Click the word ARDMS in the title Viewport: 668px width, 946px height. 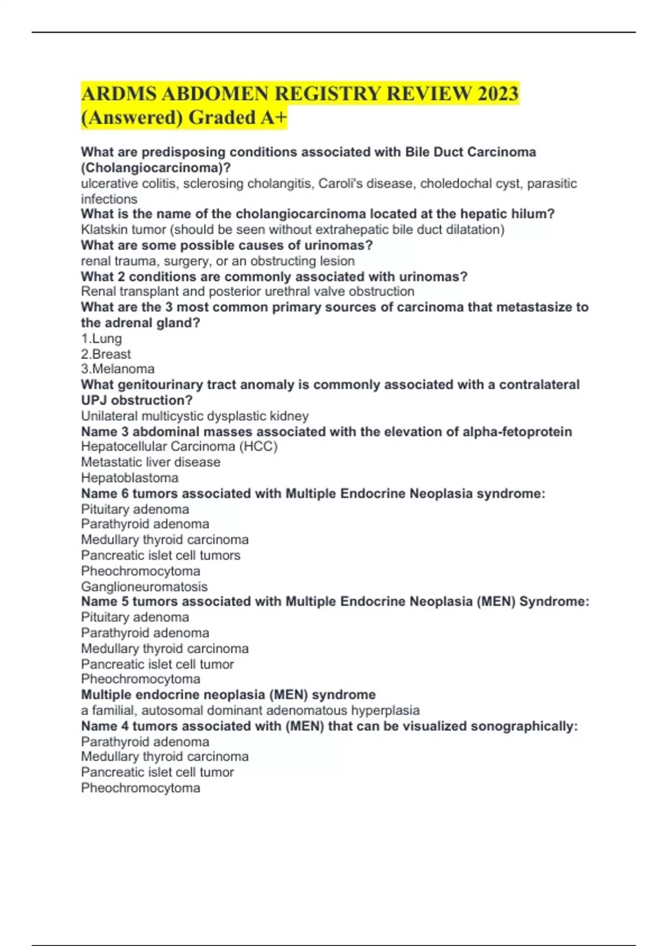pos(119,93)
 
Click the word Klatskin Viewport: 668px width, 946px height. pos(104,230)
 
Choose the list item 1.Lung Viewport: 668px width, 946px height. pos(101,338)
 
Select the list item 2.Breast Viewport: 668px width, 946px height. pos(106,354)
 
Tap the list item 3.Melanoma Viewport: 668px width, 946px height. pos(117,369)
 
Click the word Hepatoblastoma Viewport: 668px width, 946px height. pos(130,478)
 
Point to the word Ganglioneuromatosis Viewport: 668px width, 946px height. pos(144,587)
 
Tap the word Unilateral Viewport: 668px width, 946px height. pos(109,416)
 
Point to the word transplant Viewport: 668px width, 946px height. pos(148,292)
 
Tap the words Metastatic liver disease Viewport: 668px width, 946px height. pos(150,462)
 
